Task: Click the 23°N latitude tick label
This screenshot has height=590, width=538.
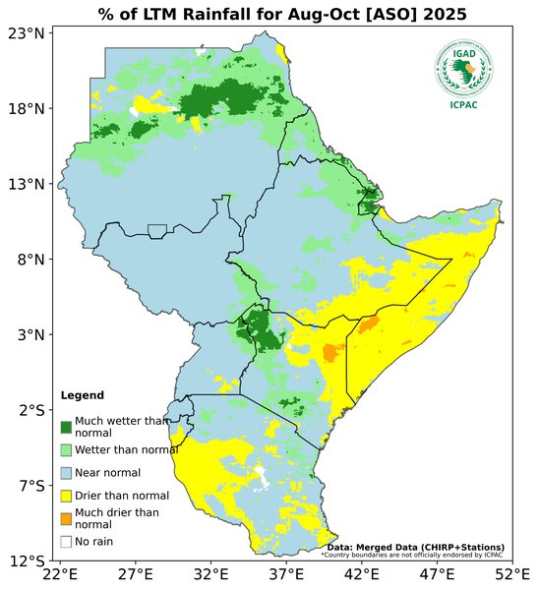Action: [29, 33]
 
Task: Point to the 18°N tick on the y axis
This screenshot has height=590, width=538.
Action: [29, 109]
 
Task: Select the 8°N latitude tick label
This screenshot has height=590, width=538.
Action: [32, 260]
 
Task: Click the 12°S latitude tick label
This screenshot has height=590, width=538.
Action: [29, 560]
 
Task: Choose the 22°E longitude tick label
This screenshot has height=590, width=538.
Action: [60, 574]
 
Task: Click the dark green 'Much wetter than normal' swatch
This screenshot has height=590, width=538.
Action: [66, 427]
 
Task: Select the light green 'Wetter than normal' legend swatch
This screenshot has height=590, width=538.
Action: [66, 449]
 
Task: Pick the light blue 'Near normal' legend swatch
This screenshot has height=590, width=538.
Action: [66, 473]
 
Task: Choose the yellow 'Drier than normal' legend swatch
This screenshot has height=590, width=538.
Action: [66, 496]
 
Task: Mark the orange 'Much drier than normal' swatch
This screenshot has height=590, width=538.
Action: [66, 518]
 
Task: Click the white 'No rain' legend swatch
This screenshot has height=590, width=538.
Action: [66, 541]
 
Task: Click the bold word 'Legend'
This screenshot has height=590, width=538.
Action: [82, 395]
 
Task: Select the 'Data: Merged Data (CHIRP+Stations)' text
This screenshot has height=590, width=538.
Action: [415, 547]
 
